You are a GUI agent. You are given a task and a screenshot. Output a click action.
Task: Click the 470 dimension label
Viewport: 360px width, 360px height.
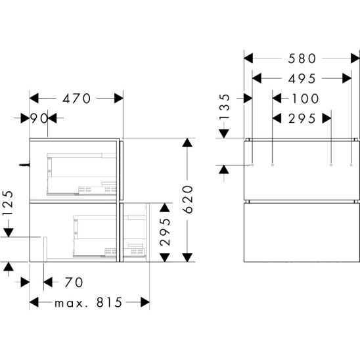77,99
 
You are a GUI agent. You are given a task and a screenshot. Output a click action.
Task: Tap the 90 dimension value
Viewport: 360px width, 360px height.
39,118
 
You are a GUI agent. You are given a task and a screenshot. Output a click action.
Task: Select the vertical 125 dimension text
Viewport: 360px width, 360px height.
8,203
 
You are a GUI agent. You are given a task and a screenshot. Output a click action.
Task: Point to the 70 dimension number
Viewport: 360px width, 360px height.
74,282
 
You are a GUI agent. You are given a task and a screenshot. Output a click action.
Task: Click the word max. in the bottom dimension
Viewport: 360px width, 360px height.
69,304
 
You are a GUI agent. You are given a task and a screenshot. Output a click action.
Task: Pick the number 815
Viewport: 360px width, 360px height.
109,302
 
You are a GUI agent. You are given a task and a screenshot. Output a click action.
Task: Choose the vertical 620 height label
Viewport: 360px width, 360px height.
188,200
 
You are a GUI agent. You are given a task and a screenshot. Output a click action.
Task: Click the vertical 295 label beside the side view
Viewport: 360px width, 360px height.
165,233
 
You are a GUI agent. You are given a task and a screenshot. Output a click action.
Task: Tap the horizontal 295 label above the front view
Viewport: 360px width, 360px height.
302,119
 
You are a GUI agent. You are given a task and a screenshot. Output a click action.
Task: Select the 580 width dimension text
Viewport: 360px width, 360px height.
302,58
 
